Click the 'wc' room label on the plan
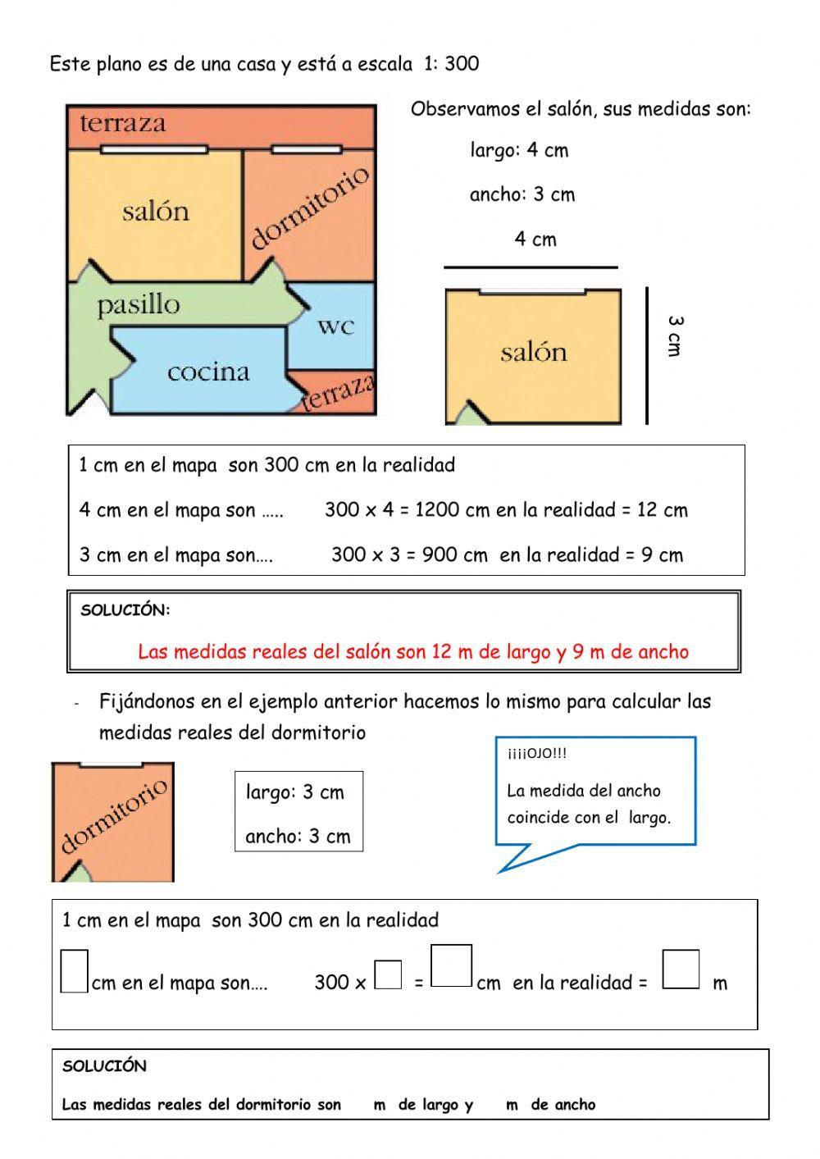point(336,326)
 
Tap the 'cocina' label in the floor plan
point(208,372)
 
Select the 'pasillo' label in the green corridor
point(138,305)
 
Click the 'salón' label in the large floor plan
point(156,212)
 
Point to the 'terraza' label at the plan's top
point(123,124)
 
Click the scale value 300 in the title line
point(462,64)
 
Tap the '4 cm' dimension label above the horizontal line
point(535,240)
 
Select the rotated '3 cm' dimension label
point(674,336)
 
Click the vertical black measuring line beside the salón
point(647,355)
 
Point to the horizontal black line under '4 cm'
point(531,267)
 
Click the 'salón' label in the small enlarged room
point(534,352)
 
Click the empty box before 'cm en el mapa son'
point(74,970)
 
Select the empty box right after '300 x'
point(388,974)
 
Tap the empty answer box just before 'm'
point(681,970)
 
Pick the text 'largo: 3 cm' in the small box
point(295,792)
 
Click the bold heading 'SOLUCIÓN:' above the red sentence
point(125,610)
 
